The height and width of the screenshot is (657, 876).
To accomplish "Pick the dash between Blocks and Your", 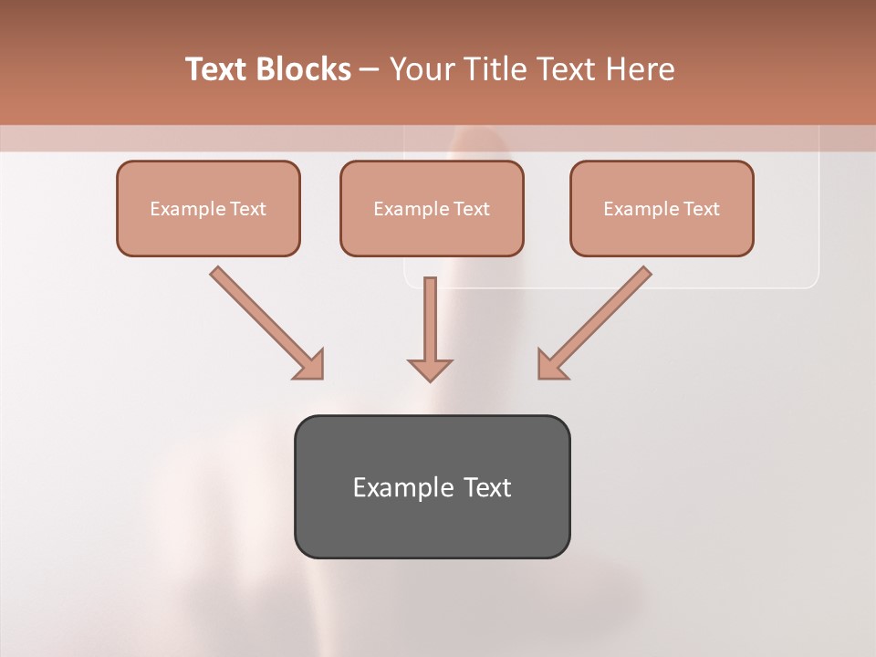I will tap(370, 70).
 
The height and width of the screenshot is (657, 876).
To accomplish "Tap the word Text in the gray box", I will tap(487, 487).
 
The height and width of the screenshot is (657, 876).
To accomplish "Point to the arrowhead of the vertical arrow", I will tap(430, 370).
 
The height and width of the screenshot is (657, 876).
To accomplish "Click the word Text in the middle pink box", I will tap(471, 209).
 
